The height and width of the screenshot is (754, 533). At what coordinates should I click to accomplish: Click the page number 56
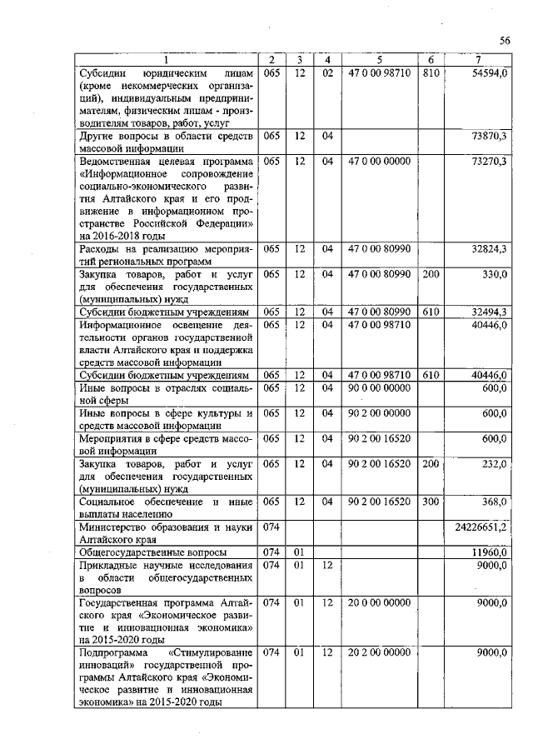pyautogui.click(x=505, y=40)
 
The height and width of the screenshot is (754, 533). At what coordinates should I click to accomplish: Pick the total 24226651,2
pyautogui.click(x=481, y=528)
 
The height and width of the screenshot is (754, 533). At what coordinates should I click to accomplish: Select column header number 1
pyautogui.click(x=165, y=60)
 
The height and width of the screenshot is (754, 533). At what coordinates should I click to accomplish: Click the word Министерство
pyautogui.click(x=113, y=527)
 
